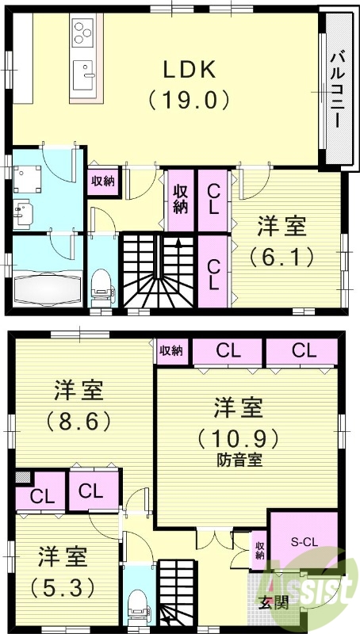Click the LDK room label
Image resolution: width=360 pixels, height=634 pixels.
(190, 70)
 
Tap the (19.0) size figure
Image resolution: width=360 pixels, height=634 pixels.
(190, 100)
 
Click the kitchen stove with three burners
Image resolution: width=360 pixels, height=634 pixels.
(82, 32)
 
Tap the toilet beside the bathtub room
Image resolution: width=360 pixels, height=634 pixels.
(101, 285)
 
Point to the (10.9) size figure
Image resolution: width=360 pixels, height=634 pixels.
(238, 437)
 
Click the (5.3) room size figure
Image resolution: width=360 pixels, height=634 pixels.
(62, 587)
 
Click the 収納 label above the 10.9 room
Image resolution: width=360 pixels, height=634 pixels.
(170, 349)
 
